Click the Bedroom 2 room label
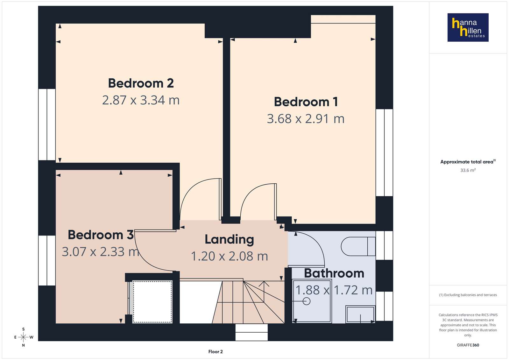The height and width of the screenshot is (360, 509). click(141, 83)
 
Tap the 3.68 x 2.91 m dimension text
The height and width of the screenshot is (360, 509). click(306, 119)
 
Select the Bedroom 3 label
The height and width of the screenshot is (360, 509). click(101, 235)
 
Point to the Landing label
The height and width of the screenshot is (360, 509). click(229, 240)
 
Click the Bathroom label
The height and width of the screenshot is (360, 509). click(334, 273)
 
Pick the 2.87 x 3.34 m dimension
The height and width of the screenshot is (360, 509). click(141, 100)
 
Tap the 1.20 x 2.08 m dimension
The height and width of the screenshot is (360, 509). click(230, 256)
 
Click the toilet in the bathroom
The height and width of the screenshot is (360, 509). click(358, 246)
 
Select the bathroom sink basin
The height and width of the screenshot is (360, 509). click(360, 314)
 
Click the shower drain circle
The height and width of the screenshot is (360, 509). click(307, 301)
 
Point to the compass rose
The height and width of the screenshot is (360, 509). click(24, 337)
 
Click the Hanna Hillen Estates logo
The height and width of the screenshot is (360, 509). click(468, 27)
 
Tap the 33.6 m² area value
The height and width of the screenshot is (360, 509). click(468, 170)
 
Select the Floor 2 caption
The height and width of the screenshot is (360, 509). click(216, 352)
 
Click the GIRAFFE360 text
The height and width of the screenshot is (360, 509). click(468, 345)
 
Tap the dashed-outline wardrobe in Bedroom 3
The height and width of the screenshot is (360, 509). click(152, 301)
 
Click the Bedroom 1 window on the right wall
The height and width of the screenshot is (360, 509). click(384, 152)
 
